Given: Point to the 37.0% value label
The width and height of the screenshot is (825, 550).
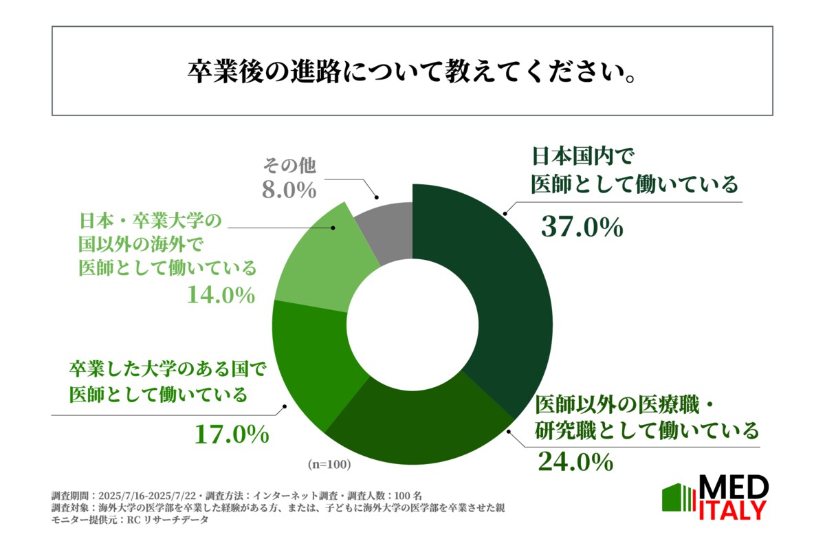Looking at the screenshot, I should coord(582,226).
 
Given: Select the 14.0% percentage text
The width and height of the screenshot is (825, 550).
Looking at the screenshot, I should coord(221,295).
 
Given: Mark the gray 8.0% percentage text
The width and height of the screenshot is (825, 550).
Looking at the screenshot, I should coord(287,190).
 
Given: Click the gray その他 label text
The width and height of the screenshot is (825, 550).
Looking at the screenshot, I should coord(288,166).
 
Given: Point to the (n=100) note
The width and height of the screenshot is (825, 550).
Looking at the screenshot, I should coord(329,465).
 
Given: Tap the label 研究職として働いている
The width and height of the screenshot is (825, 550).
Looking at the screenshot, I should coord(646,431).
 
